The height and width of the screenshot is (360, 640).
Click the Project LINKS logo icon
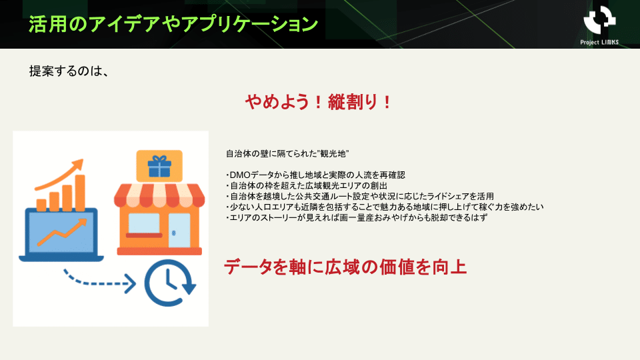[x=599, y=19]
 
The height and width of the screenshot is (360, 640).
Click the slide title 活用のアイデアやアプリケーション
[x=173, y=25]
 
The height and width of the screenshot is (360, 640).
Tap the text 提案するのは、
[x=69, y=71]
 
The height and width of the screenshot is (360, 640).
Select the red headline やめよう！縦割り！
[x=319, y=102]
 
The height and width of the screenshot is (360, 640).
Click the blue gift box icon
[x=159, y=166]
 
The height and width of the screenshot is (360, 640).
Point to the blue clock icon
[x=170, y=283]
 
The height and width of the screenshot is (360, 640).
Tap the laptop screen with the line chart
[x=61, y=233]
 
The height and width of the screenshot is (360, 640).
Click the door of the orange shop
[x=179, y=230]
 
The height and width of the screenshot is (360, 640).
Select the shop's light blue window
[x=144, y=223]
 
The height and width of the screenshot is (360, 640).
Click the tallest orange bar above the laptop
[x=80, y=193]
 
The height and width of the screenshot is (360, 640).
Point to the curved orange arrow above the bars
[x=59, y=175]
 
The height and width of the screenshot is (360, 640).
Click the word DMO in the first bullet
[x=239, y=175]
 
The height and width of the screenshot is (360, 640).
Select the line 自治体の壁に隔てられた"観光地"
[x=287, y=154]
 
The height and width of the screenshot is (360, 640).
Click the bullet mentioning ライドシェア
[x=359, y=196]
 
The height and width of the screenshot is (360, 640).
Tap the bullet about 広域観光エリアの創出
[x=306, y=186]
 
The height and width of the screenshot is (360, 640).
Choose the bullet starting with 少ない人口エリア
[x=385, y=207]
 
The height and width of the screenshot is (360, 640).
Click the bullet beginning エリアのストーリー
[x=356, y=217]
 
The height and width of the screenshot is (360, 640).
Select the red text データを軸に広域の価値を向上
[x=345, y=267]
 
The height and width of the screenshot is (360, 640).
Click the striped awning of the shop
[x=159, y=195]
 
